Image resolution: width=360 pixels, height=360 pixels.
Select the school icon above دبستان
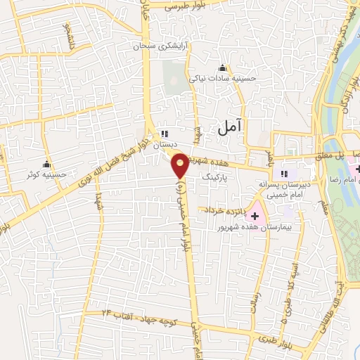165,134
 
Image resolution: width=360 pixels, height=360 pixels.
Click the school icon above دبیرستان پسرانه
284,174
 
